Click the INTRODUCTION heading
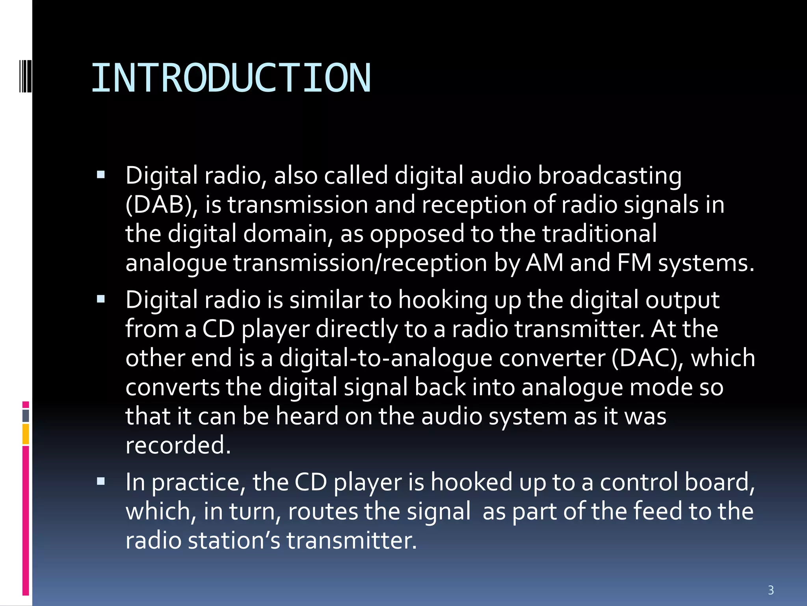231,78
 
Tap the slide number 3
771,590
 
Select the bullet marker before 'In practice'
101,481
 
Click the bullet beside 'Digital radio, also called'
101,174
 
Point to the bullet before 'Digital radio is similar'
101,299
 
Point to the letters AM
544,263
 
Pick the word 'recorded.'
178,445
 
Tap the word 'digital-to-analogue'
386,358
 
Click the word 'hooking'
443,300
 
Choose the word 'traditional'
599,234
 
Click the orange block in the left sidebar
26,434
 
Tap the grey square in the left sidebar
26,415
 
